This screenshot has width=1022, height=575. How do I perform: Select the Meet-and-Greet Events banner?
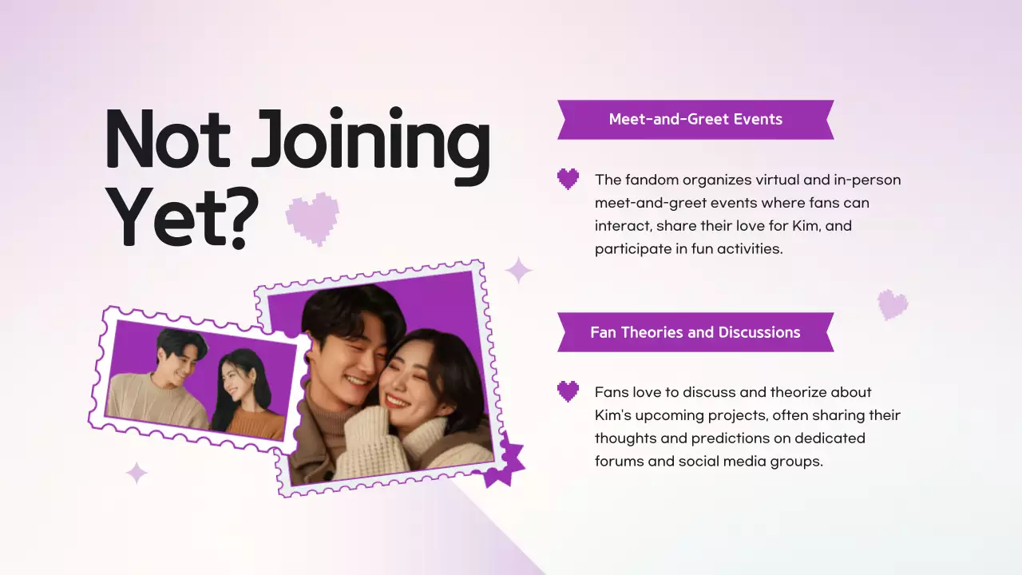coord(695,120)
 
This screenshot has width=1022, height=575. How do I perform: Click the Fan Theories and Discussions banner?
coord(695,332)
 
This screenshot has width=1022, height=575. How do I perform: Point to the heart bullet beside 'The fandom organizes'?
coord(568,179)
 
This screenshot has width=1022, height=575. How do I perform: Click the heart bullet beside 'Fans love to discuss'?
coord(568,391)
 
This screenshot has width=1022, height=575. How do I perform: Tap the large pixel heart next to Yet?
coord(312,217)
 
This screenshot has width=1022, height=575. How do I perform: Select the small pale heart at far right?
coord(893,304)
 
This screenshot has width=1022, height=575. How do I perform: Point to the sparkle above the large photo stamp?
coord(519,270)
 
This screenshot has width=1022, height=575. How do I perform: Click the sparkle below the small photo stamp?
coord(137,473)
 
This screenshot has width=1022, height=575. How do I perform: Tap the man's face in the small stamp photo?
coord(177,356)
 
